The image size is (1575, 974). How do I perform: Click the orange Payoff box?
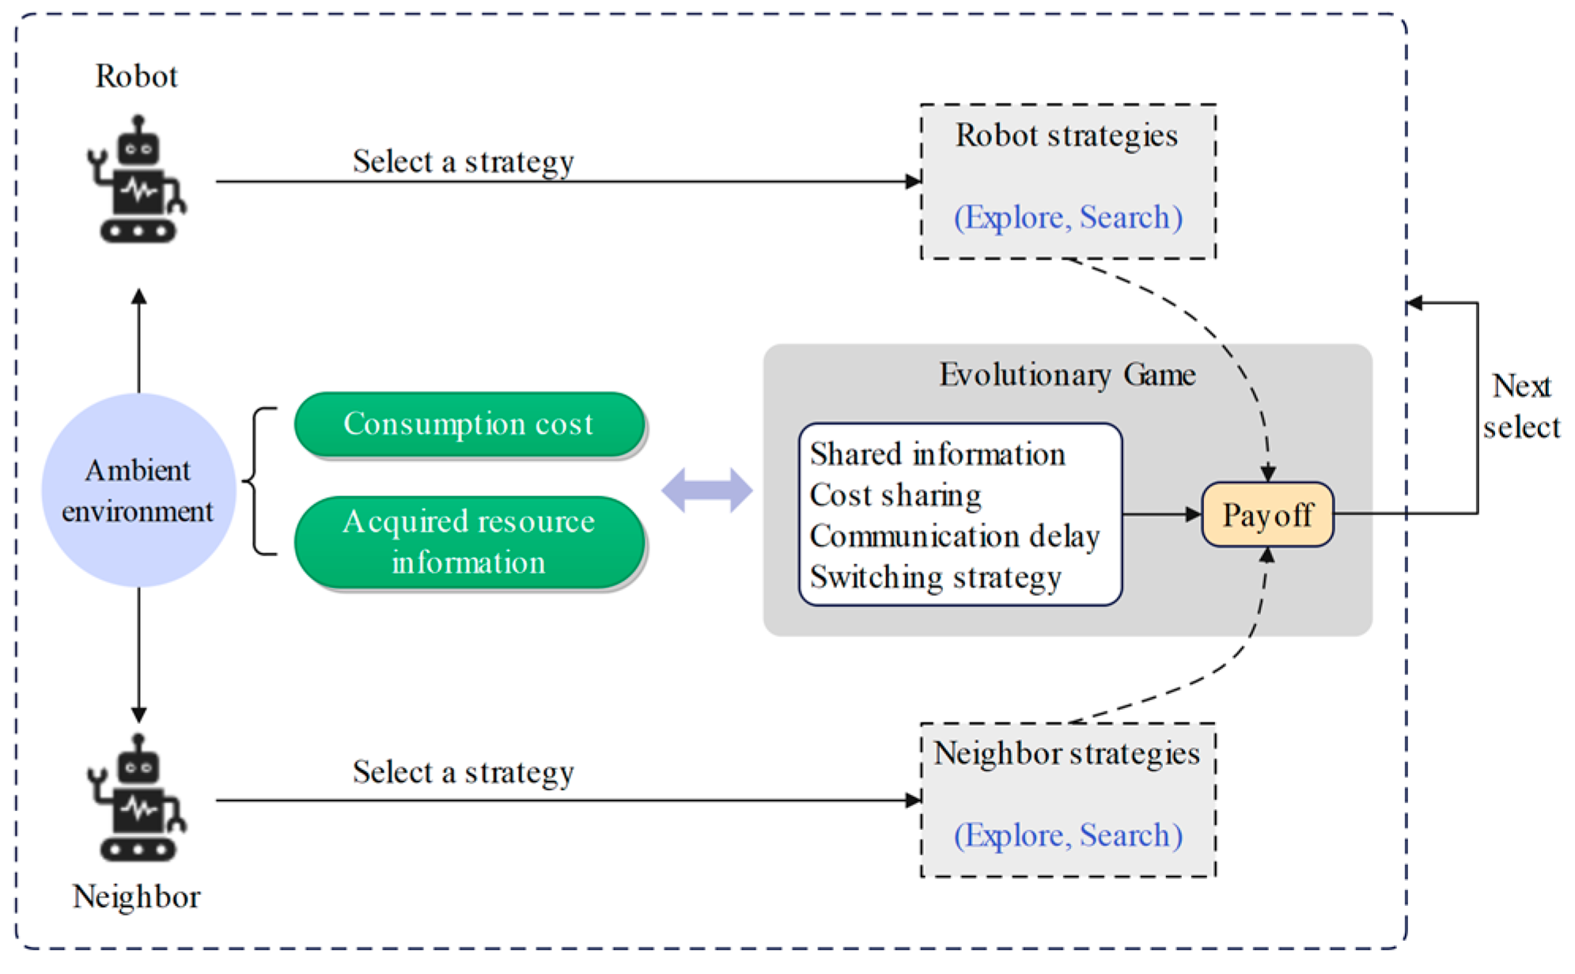(x=1267, y=514)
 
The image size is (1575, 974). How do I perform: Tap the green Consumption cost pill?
(x=469, y=424)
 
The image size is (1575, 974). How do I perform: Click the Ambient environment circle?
(x=138, y=491)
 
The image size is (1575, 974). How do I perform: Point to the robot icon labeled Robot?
(x=137, y=179)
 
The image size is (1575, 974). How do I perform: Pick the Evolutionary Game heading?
(x=1067, y=374)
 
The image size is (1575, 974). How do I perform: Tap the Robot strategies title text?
(x=1067, y=135)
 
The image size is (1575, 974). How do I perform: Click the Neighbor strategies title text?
(x=1067, y=753)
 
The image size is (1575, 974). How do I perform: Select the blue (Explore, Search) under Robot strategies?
(x=1068, y=217)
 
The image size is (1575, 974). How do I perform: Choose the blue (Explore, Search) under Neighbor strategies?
(x=1068, y=836)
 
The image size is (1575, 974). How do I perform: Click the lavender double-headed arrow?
(x=707, y=491)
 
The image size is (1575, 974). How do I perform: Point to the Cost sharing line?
(x=895, y=495)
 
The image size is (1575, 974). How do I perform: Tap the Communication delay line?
(x=955, y=536)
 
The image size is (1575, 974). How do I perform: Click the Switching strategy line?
(x=936, y=578)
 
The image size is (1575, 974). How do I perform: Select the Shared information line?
(x=937, y=454)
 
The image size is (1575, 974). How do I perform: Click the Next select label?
(x=1521, y=407)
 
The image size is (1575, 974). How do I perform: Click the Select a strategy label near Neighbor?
(x=464, y=772)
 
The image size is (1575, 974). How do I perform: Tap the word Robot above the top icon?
(x=137, y=76)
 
